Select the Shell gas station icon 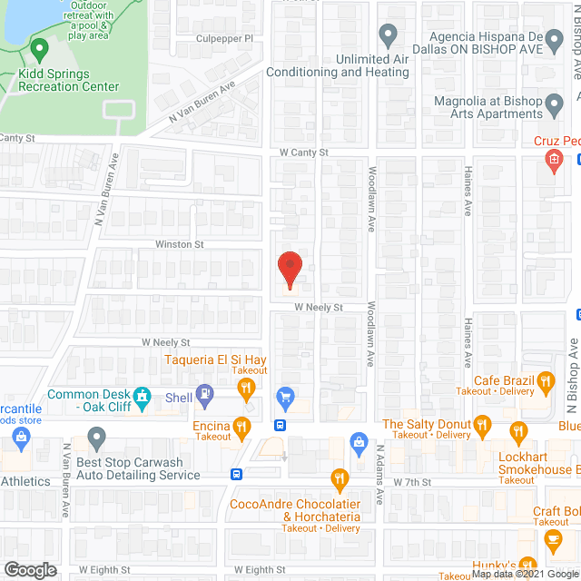coord(207,395)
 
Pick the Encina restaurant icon coord(241,425)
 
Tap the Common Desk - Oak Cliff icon coord(142,396)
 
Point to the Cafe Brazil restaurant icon coord(546,381)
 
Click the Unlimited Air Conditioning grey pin coord(388,37)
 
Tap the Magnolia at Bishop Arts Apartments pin coord(555,110)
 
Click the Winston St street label coord(179,244)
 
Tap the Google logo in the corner coord(30,570)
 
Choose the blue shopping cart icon coord(286,396)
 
